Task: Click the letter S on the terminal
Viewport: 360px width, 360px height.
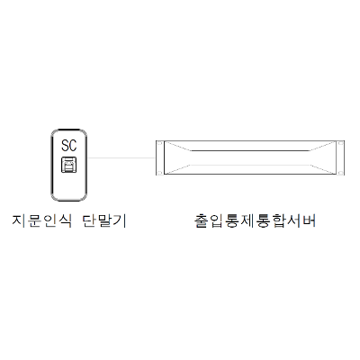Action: [65, 146]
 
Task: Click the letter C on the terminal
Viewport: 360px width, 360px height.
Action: [73, 146]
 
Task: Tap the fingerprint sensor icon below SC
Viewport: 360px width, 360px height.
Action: [69, 165]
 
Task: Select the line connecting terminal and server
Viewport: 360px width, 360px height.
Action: [121, 157]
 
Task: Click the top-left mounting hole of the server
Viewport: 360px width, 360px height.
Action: [159, 143]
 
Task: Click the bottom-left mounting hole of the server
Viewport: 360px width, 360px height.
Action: [159, 173]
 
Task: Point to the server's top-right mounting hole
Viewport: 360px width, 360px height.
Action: [340, 143]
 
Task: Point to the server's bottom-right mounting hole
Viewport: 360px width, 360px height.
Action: [340, 173]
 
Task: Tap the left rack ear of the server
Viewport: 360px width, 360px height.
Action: [159, 157]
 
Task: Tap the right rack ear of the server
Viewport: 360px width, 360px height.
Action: [340, 157]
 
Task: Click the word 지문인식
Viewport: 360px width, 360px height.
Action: [42, 220]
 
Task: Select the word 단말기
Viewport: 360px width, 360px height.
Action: [104, 220]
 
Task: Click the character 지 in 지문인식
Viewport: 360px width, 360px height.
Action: [19, 220]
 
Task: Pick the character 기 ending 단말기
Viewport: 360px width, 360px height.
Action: [120, 220]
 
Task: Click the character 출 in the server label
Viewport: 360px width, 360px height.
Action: [202, 220]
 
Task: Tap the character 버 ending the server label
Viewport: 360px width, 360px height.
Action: [309, 220]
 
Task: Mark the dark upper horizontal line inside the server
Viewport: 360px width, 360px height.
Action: [250, 150]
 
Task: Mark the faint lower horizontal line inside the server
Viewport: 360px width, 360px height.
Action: [250, 165]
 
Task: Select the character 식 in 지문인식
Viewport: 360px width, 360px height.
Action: [66, 220]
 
